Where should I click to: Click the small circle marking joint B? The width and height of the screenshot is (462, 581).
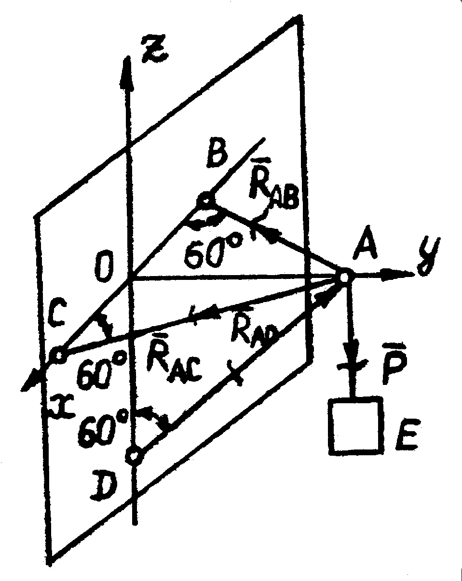[x=205, y=200]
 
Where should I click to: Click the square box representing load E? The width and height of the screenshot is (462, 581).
[x=356, y=425]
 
